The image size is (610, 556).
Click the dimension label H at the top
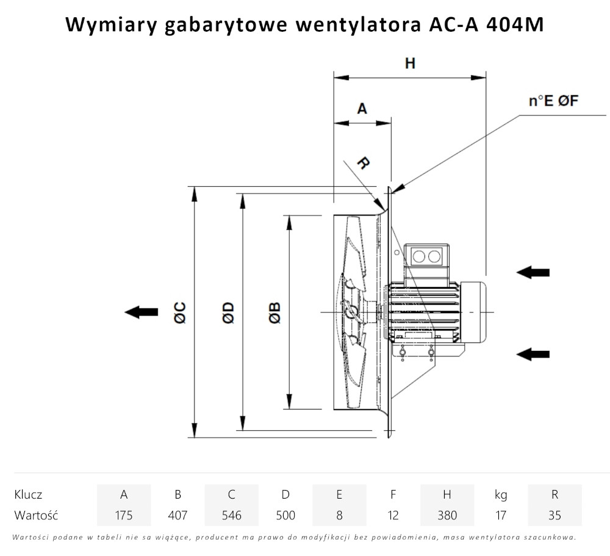410,63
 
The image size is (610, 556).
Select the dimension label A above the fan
362,109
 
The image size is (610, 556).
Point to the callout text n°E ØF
553,101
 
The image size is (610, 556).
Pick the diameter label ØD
228,312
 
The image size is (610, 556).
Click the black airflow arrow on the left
141,312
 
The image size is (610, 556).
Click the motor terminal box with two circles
426,256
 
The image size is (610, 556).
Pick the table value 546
231,515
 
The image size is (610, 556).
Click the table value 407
178,515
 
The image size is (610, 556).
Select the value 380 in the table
447,515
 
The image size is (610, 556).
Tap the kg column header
500,494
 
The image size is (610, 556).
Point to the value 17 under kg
500,515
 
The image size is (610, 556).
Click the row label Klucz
28,494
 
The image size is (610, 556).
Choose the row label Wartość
36,515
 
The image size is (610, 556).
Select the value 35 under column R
554,515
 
